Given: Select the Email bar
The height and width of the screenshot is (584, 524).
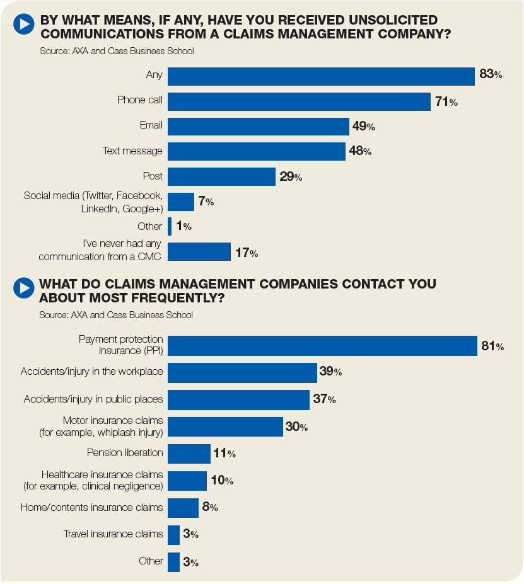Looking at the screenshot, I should pyautogui.click(x=258, y=126).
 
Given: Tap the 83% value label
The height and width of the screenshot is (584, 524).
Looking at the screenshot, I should pyautogui.click(x=490, y=74).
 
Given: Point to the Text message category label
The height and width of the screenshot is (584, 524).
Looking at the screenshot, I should pyautogui.click(x=132, y=151).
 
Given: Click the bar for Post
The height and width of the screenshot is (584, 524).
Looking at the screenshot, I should pyautogui.click(x=221, y=176).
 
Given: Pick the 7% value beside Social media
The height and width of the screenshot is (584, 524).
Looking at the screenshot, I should pyautogui.click(x=206, y=202).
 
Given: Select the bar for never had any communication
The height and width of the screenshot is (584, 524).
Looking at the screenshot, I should pyautogui.click(x=199, y=251).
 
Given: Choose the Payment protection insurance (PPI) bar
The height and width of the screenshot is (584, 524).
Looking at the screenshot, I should pyautogui.click(x=322, y=346).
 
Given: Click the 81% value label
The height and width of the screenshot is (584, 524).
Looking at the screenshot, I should pyautogui.click(x=492, y=346).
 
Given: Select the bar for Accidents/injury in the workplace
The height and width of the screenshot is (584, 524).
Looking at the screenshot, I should pyautogui.click(x=242, y=372).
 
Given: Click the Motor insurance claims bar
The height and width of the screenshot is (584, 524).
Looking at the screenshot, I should pyautogui.click(x=225, y=427).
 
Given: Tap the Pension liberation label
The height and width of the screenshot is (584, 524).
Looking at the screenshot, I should pyautogui.click(x=125, y=452).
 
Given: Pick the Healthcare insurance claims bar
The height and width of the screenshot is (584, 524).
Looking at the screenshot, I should pyautogui.click(x=187, y=481).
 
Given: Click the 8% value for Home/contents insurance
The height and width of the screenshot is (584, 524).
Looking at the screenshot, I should pyautogui.click(x=209, y=507).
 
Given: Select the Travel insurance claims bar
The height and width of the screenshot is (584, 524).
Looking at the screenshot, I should pyautogui.click(x=173, y=535).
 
